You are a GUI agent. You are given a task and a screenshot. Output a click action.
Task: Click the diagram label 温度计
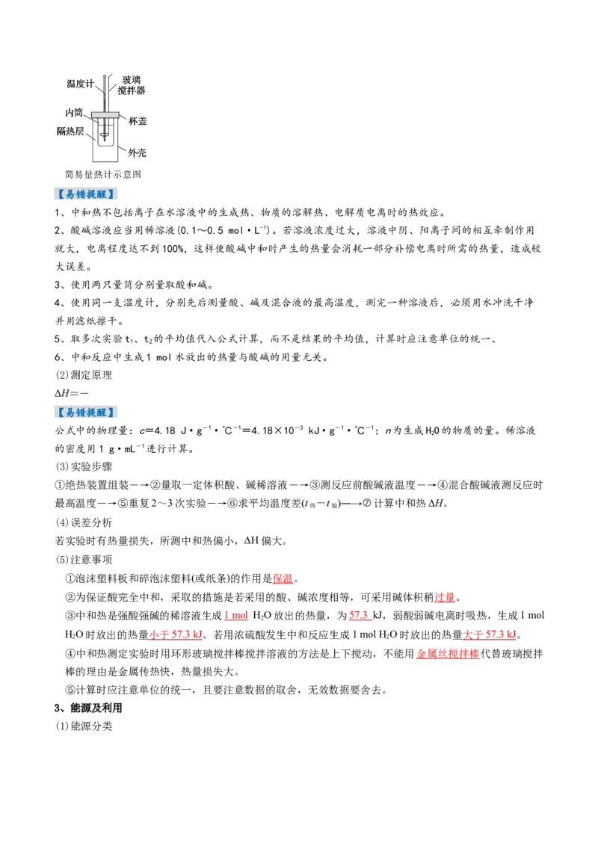pyautogui.click(x=80, y=84)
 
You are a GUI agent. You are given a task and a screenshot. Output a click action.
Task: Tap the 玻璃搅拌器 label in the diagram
pyautogui.click(x=132, y=85)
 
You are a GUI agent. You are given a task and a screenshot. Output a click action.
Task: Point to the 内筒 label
pyautogui.click(x=73, y=112)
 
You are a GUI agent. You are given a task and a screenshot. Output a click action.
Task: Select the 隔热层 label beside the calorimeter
pyautogui.click(x=70, y=131)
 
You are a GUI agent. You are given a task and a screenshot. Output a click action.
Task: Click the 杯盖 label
pyautogui.click(x=138, y=121)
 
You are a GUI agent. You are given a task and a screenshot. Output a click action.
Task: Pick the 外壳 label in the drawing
pyautogui.click(x=137, y=153)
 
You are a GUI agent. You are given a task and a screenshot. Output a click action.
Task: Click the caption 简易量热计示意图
pyautogui.click(x=102, y=174)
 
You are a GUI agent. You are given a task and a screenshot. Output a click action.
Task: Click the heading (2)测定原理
pyautogui.click(x=84, y=375)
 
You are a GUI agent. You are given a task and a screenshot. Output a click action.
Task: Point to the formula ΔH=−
pyautogui.click(x=72, y=393)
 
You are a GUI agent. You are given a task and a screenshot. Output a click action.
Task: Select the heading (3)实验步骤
pyautogui.click(x=84, y=466)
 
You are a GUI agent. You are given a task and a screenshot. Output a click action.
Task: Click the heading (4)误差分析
pyautogui.click(x=84, y=522)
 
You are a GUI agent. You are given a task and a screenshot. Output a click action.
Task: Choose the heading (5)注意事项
pyautogui.click(x=84, y=560)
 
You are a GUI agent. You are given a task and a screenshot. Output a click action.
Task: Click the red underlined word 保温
pyautogui.click(x=283, y=579)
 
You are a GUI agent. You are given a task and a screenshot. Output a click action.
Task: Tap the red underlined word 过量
pyautogui.click(x=445, y=597)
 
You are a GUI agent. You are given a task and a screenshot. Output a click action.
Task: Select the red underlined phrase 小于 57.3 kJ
pyautogui.click(x=176, y=634)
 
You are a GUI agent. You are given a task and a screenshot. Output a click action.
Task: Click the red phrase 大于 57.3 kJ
pyautogui.click(x=490, y=634)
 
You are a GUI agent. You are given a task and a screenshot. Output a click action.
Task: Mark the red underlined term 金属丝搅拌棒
pyautogui.click(x=448, y=654)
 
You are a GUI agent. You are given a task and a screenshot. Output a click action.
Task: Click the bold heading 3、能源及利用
pyautogui.click(x=88, y=708)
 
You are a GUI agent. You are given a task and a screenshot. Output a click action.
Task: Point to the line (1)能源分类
pyautogui.click(x=84, y=726)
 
